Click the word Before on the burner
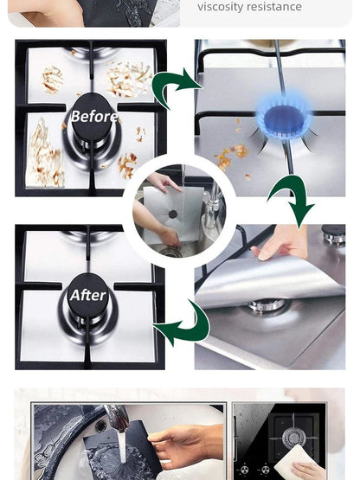94,117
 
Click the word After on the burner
87,296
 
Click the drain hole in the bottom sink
101,426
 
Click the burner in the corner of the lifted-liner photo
333,234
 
